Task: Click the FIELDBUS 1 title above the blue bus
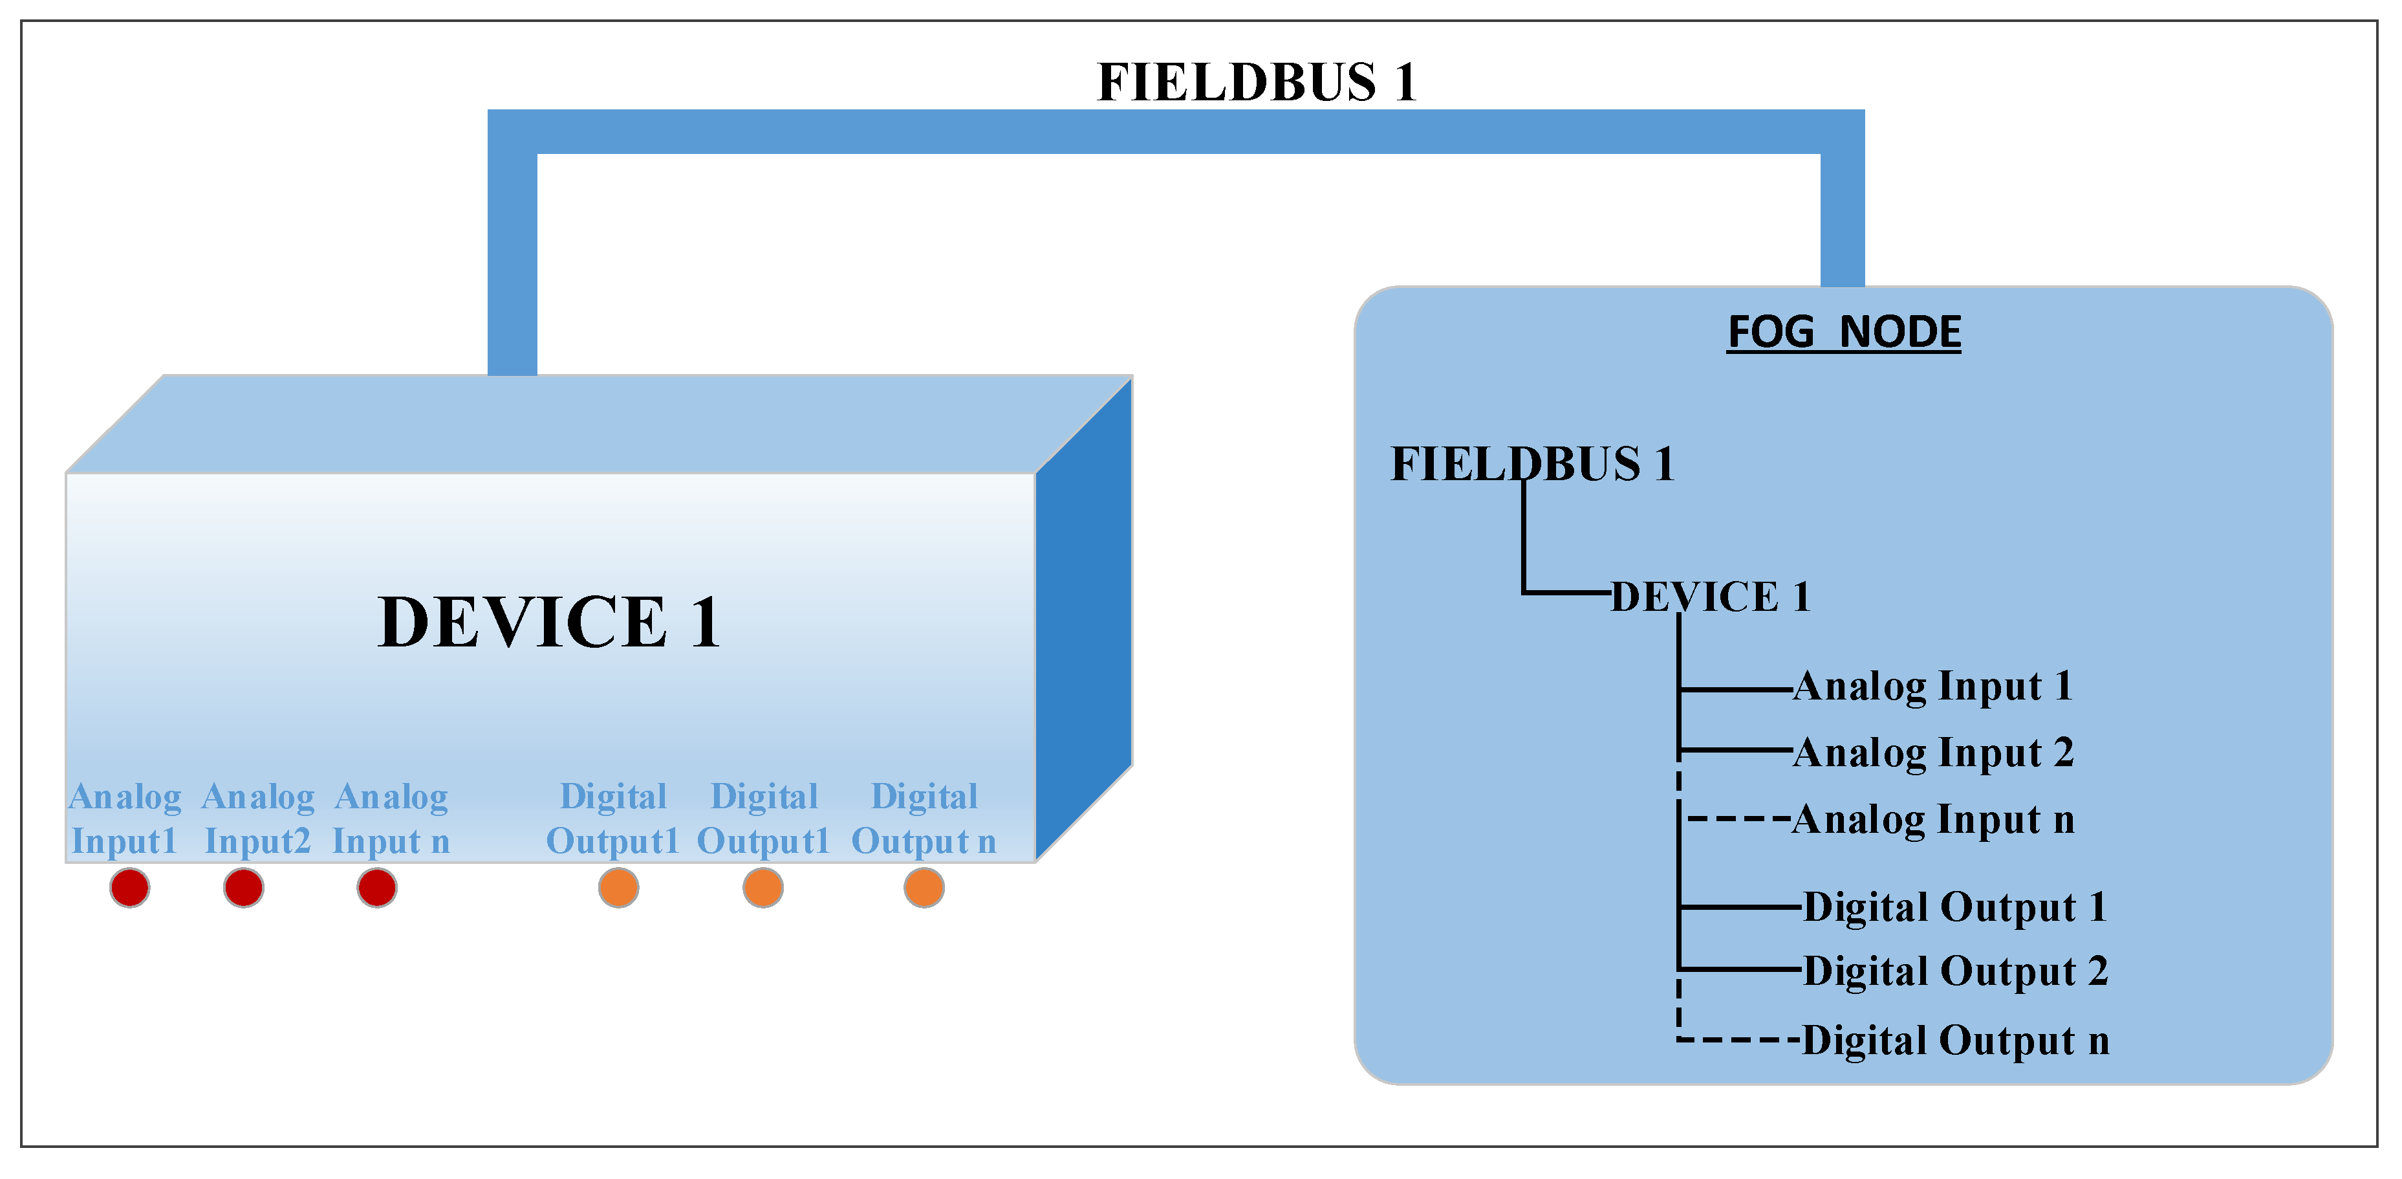coord(1256,82)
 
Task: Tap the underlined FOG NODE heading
coord(1843,332)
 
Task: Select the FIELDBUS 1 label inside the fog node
coord(1532,463)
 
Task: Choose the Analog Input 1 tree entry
coord(1932,687)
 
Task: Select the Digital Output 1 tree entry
coord(1954,907)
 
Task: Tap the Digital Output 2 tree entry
coord(1955,971)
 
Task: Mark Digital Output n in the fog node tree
coord(1955,1040)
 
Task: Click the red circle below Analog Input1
coord(129,887)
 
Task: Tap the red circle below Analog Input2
coord(243,887)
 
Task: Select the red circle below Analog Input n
coord(376,887)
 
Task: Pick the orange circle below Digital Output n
coord(924,887)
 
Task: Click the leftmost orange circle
coord(618,887)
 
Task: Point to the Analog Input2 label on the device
coord(258,819)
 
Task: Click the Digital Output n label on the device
coord(924,819)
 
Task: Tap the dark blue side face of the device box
coord(1083,621)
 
